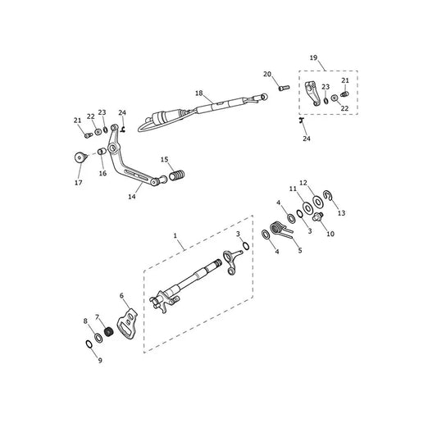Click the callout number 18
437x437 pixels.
[199, 93]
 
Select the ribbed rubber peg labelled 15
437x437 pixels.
[177, 175]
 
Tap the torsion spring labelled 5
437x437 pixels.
[281, 230]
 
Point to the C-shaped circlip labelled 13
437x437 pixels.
[327, 195]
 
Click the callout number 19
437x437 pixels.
[313, 57]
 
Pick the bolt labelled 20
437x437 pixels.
[284, 88]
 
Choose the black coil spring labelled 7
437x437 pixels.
[108, 331]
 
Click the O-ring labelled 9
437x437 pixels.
[89, 344]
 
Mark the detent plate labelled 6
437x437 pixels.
[127, 323]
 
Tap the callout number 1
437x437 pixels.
[175, 235]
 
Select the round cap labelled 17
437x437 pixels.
[80, 157]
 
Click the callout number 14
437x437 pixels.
[132, 197]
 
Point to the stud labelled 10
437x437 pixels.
[318, 216]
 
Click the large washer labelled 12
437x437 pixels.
[317, 202]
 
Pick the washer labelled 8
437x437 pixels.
[98, 338]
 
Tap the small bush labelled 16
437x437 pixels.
[102, 152]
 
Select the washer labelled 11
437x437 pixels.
[307, 209]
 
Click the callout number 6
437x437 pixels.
[121, 295]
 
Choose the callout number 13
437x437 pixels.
[341, 213]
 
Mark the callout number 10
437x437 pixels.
[330, 234]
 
